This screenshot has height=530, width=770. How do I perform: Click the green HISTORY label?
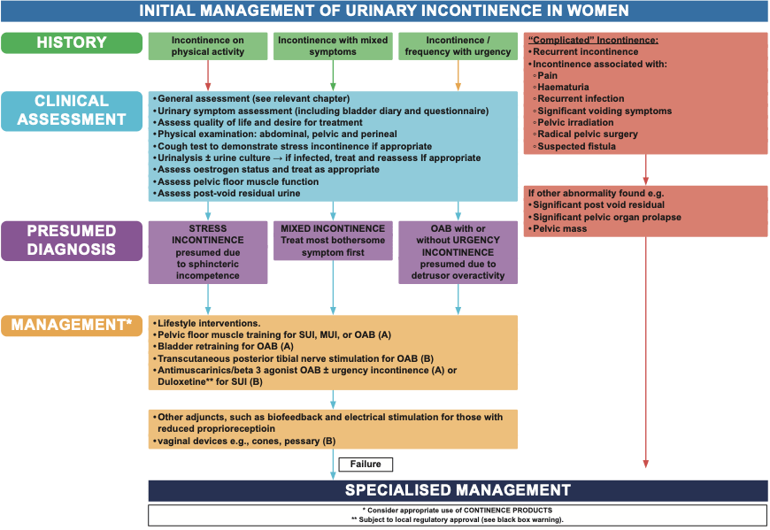pyautogui.click(x=71, y=42)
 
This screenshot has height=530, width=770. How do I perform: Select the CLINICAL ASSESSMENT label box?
pyautogui.click(x=71, y=110)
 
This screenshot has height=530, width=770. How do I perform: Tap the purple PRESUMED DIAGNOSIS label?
pyautogui.click(x=71, y=240)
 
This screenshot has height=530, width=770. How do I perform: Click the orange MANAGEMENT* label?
pyautogui.click(x=71, y=325)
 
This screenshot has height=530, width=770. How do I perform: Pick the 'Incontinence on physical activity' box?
pyautogui.click(x=208, y=46)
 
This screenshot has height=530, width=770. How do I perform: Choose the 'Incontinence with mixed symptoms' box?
pyautogui.click(x=333, y=46)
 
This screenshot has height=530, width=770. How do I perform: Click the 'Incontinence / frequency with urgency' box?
pyautogui.click(x=458, y=46)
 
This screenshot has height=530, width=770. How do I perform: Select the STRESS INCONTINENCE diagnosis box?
pyautogui.click(x=208, y=251)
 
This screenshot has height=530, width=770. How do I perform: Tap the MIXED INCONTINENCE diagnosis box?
pyautogui.click(x=333, y=240)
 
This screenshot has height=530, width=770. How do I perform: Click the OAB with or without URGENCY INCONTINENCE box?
pyautogui.click(x=458, y=251)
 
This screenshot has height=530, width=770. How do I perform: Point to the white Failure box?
pyautogui.click(x=365, y=464)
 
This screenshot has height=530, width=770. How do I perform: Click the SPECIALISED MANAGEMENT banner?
pyautogui.click(x=457, y=490)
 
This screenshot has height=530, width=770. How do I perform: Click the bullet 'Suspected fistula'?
pyautogui.click(x=576, y=146)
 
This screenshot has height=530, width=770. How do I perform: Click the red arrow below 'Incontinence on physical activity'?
pyautogui.click(x=208, y=75)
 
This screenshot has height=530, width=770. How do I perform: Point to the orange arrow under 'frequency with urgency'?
pyautogui.click(x=458, y=75)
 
